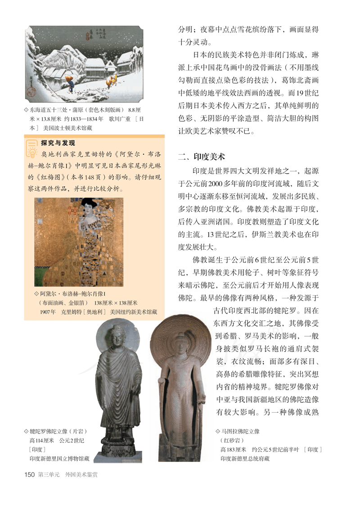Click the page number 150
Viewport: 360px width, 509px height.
pos(29,474)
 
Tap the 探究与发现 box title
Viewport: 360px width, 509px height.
pos(58,143)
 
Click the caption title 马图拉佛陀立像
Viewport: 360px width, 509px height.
pos(240,431)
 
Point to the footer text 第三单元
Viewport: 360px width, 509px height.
pos(49,474)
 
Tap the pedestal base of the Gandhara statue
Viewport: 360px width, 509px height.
pos(119,450)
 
